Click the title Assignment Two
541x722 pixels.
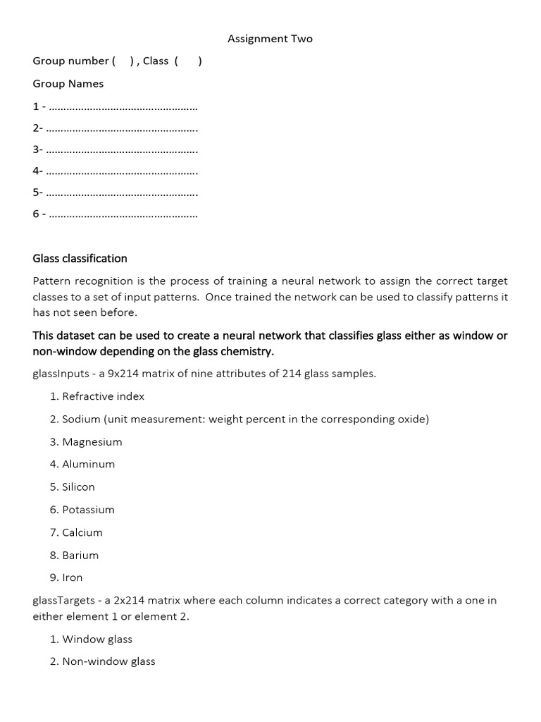point(270,39)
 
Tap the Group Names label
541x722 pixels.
point(68,84)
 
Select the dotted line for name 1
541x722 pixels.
point(124,107)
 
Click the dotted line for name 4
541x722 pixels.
point(124,171)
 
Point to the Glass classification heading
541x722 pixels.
point(80,259)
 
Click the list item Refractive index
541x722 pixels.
point(103,396)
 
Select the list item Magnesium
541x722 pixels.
point(92,442)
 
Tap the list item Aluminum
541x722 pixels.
point(88,464)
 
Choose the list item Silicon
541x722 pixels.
point(78,487)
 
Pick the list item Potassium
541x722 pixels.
point(88,510)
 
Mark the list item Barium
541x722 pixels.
point(80,555)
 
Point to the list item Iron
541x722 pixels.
point(72,577)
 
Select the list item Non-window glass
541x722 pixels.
point(108,661)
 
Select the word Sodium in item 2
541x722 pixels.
point(81,419)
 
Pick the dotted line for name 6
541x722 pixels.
point(124,214)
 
